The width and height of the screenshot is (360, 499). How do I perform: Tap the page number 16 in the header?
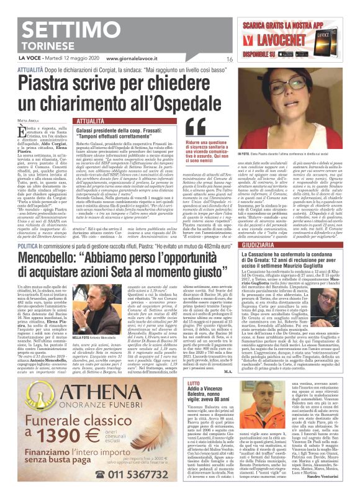[229, 59]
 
